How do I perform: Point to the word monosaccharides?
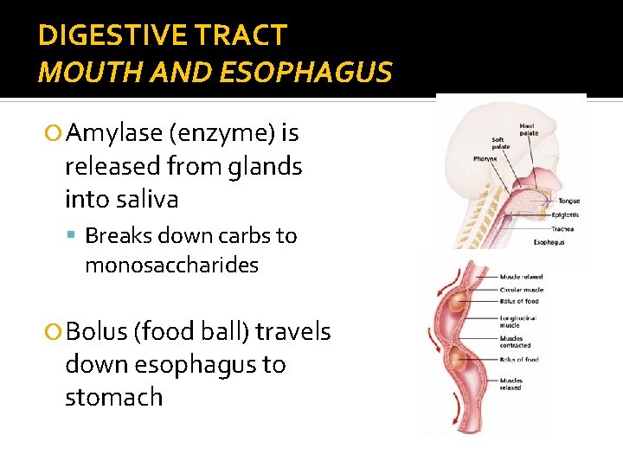point(171,265)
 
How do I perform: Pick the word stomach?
point(113,398)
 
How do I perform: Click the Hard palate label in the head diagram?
point(527,130)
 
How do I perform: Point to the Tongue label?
point(568,202)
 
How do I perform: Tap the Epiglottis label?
point(567,214)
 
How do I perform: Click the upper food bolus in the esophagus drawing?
point(457,303)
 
